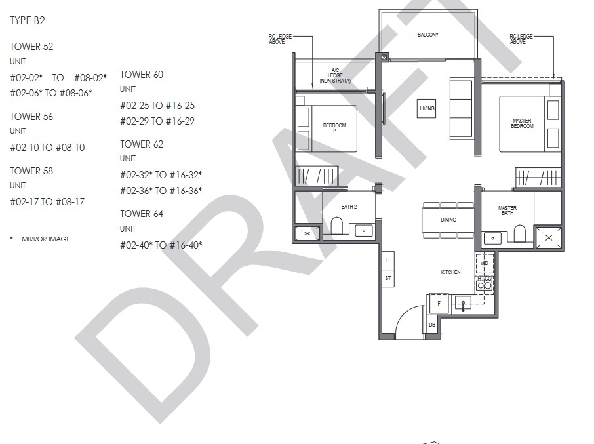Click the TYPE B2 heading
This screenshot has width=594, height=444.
coord(28,20)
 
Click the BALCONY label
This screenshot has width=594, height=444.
coord(427,35)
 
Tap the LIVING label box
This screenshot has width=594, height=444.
coord(427,108)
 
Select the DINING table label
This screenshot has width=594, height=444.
coord(448,220)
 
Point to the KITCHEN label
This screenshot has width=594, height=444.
coord(450,272)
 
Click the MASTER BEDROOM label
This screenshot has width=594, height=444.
coord(522,123)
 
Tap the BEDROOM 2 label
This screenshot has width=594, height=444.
coord(334,128)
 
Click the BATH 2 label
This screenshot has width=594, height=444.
coord(349,207)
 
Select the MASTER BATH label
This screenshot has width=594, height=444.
coord(507,211)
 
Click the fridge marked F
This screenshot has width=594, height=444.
coord(439,304)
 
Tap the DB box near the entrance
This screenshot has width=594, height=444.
coord(432,325)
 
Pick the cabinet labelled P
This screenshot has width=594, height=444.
coord(388,260)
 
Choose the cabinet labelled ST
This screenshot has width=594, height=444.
coord(388,278)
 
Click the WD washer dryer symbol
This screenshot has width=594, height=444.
coord(485,263)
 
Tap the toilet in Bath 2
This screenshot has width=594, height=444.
coord(337,226)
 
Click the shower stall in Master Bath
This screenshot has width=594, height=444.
coord(549,237)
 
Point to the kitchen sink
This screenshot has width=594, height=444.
coord(463,303)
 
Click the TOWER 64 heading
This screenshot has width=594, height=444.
coord(142,214)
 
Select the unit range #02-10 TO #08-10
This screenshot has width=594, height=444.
coord(47,148)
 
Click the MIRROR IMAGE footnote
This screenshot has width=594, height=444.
coord(46,239)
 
